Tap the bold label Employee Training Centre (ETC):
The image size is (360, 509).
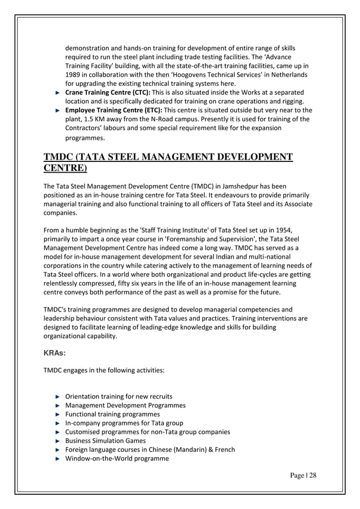pyautogui.click(x=108, y=110)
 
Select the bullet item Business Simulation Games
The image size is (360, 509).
pyautogui.click(x=105, y=440)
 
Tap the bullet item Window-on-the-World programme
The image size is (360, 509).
pyautogui.click(x=117, y=458)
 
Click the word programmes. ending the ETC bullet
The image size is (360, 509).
pyautogui.click(x=85, y=137)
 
